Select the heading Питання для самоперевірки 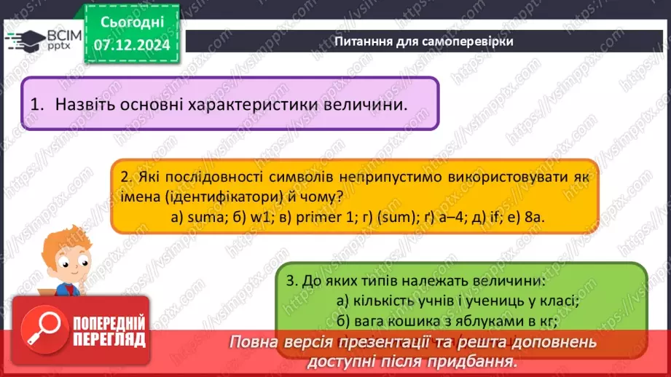click(424, 41)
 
